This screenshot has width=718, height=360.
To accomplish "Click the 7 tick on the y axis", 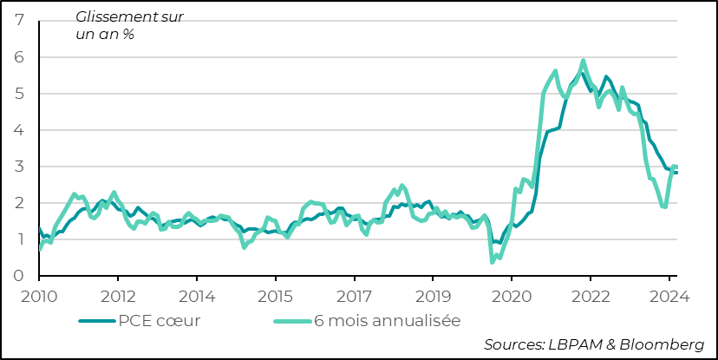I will tap(18, 20).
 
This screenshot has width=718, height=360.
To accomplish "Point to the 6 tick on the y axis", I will tap(18, 56).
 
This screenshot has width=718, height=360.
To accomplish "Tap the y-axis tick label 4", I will tap(18, 130).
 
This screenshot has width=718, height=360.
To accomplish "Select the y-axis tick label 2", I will tap(18, 203).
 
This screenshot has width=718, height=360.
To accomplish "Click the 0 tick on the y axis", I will tap(18, 276).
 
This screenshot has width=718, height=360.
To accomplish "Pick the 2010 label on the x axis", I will tap(39, 295).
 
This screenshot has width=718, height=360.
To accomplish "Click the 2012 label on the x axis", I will tap(118, 295).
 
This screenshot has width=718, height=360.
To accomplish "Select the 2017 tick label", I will tap(354, 295).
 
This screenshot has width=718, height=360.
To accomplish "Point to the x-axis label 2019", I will tap(433, 295).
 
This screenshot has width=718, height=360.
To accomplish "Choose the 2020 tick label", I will tap(512, 295).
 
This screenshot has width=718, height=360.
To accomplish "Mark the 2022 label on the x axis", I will tap(590, 295).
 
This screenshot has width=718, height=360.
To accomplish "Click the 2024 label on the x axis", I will tap(669, 295).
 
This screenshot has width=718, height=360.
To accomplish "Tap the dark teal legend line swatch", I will tap(97, 320).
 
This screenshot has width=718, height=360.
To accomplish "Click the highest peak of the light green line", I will tap(583, 61).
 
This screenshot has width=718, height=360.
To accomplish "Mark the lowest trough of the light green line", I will tap(493, 261).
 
